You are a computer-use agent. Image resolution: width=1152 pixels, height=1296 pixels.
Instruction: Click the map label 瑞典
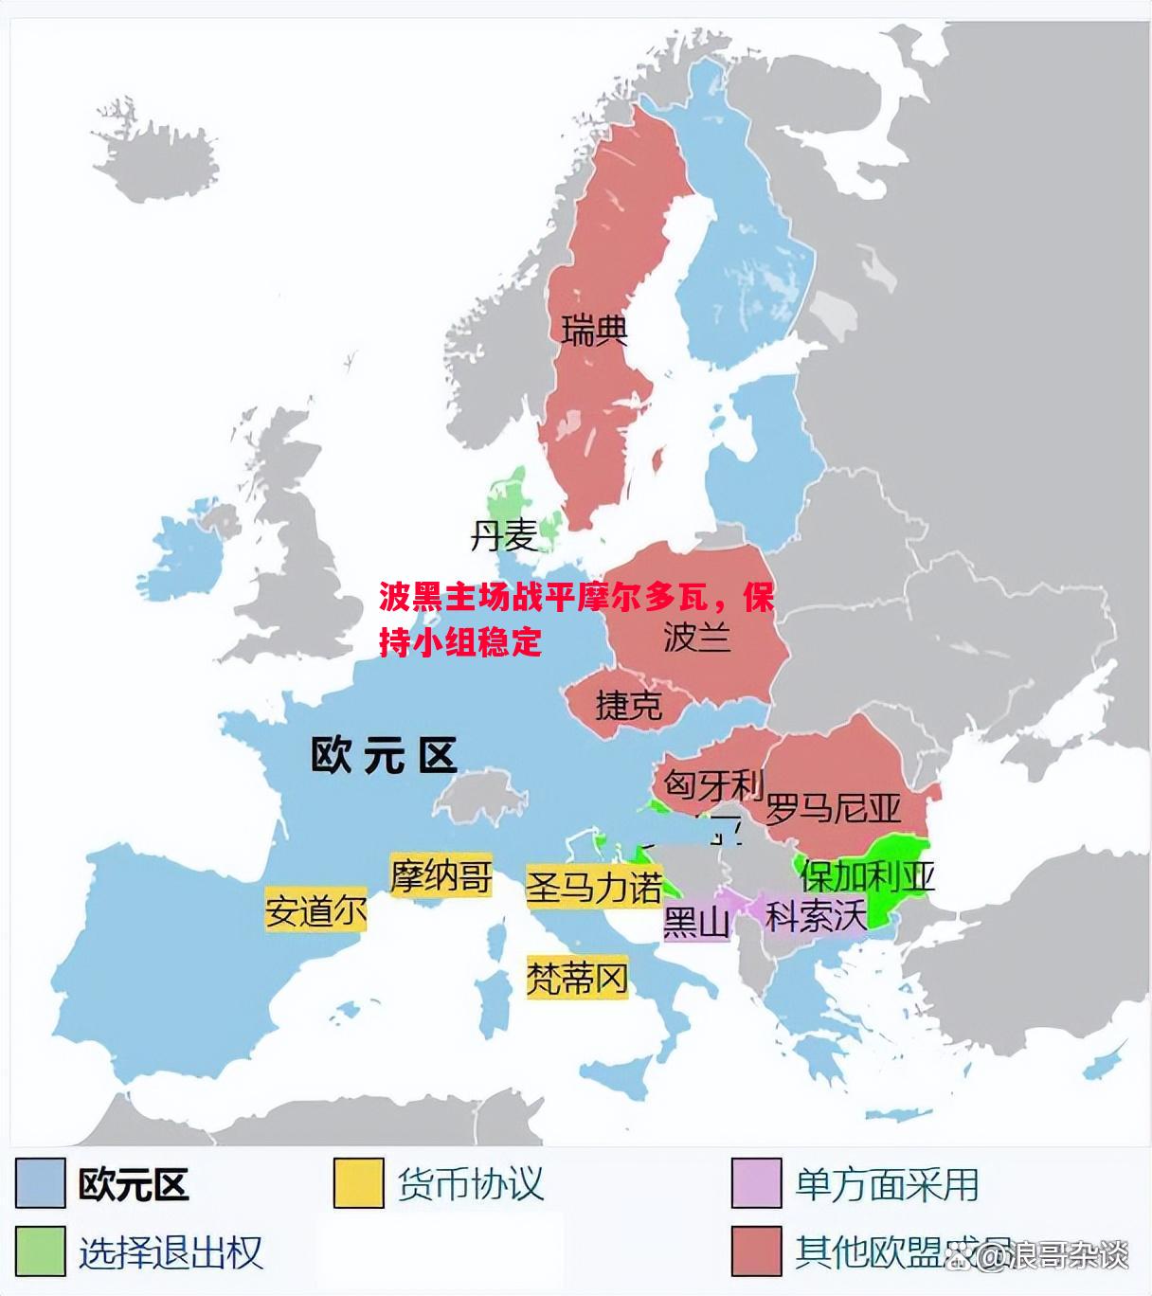(x=595, y=331)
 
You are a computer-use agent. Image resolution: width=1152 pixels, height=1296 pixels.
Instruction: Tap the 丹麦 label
(x=504, y=537)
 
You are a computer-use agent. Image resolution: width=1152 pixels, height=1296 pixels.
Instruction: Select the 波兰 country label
(x=697, y=636)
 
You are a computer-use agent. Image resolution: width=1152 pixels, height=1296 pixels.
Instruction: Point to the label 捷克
(x=628, y=706)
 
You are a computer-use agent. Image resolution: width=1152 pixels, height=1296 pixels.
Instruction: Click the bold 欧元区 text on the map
(x=384, y=755)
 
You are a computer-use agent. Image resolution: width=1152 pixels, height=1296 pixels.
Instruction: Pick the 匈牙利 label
(x=712, y=784)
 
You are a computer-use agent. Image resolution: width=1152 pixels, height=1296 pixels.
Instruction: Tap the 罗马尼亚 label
(x=833, y=808)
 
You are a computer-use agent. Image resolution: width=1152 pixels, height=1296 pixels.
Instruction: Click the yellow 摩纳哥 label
(x=441, y=875)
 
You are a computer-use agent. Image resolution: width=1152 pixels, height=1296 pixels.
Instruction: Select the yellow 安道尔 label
(x=315, y=911)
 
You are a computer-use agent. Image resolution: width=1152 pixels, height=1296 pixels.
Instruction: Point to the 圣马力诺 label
(x=594, y=888)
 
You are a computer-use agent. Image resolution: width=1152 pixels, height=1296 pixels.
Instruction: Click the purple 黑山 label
(x=697, y=921)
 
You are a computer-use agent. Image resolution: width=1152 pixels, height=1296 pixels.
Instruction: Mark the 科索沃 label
(x=816, y=915)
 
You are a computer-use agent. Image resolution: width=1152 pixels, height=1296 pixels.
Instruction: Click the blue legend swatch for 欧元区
(x=41, y=1183)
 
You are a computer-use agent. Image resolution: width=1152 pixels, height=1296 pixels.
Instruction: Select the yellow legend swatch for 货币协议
(x=358, y=1183)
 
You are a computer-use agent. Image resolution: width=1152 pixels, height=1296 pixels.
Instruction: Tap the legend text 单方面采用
(x=887, y=1184)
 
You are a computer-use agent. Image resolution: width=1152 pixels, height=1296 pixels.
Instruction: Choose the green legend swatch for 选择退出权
(x=41, y=1251)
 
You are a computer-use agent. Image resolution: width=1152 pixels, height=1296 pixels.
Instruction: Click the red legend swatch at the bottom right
(x=756, y=1251)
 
